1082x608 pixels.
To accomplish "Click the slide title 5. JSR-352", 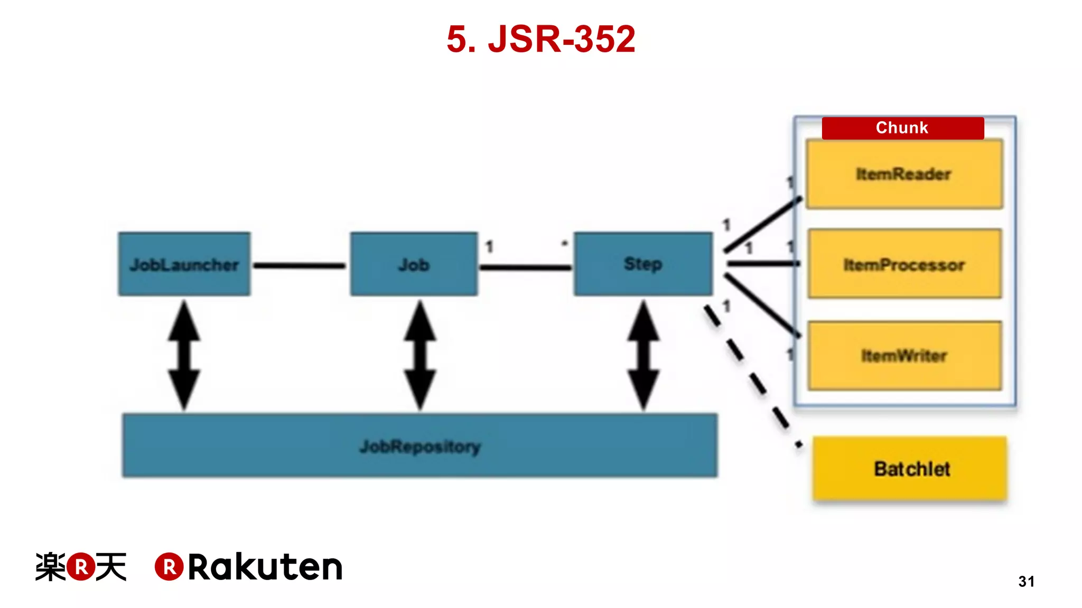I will click(x=540, y=39).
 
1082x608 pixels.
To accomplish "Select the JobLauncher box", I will click(x=184, y=264).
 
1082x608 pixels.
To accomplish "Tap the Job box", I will click(x=414, y=264).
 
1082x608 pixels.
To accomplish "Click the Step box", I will click(x=643, y=263).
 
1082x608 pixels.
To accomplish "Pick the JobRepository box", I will click(x=419, y=446).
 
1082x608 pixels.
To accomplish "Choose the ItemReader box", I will click(x=904, y=174).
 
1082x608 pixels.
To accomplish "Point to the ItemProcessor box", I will click(x=904, y=264).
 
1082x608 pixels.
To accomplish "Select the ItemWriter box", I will click(x=904, y=356).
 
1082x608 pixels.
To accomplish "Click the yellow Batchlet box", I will click(x=910, y=469).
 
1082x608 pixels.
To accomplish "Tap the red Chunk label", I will click(x=902, y=128).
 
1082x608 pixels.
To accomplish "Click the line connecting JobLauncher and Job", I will click(x=300, y=265).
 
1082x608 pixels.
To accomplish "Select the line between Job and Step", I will click(x=525, y=268).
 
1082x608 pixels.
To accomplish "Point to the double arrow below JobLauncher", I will click(x=184, y=355).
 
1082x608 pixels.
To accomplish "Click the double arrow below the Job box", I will click(x=420, y=355).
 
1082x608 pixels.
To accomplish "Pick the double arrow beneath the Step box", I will click(x=643, y=355).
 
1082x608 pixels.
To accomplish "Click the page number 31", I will click(x=1026, y=582).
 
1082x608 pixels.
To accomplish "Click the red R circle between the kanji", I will click(x=81, y=567).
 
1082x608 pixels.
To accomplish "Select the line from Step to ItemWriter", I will click(x=762, y=305).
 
